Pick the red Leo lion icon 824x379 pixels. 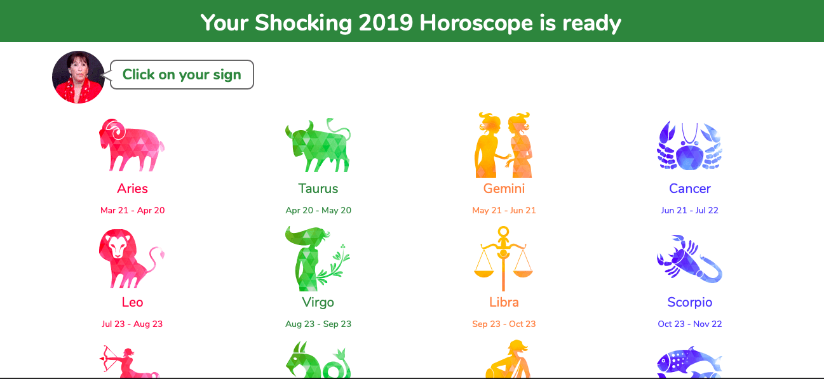coord(132,258)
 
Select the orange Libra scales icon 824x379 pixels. coord(503,258)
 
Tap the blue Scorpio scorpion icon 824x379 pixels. coord(689,259)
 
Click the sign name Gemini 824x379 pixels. coord(504,189)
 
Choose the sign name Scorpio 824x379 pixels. coord(690,302)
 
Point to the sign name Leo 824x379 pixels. coord(132,302)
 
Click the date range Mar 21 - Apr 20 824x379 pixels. coord(132,210)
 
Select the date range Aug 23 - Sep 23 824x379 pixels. coord(318,324)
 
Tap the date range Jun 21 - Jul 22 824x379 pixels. coord(689,210)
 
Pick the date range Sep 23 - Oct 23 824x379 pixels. coord(504,324)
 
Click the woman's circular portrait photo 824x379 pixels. coord(78,77)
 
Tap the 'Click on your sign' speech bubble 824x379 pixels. coord(182,75)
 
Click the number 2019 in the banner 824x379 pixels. coord(386,23)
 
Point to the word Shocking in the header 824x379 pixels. coord(303,23)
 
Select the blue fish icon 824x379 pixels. coord(689,362)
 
